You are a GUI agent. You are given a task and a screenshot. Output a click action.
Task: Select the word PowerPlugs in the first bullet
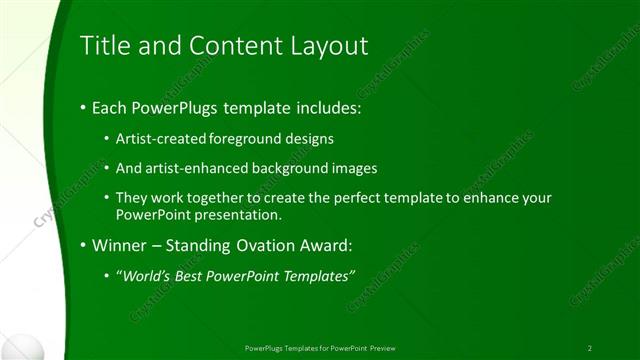pyautogui.click(x=177, y=107)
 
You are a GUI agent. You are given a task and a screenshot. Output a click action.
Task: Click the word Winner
pyautogui.click(x=116, y=244)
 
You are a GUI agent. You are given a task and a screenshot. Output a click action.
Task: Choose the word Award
pyautogui.click(x=321, y=244)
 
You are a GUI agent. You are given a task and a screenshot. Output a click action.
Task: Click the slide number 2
pyautogui.click(x=590, y=348)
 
